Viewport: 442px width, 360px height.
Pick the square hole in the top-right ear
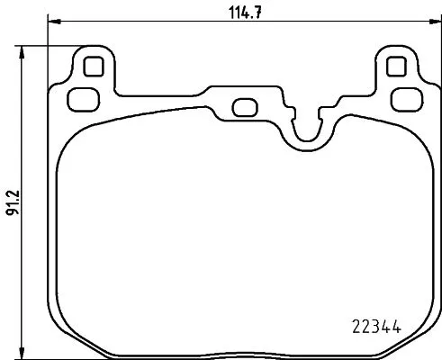[x=395, y=66]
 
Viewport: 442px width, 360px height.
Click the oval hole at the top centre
[x=244, y=107]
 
